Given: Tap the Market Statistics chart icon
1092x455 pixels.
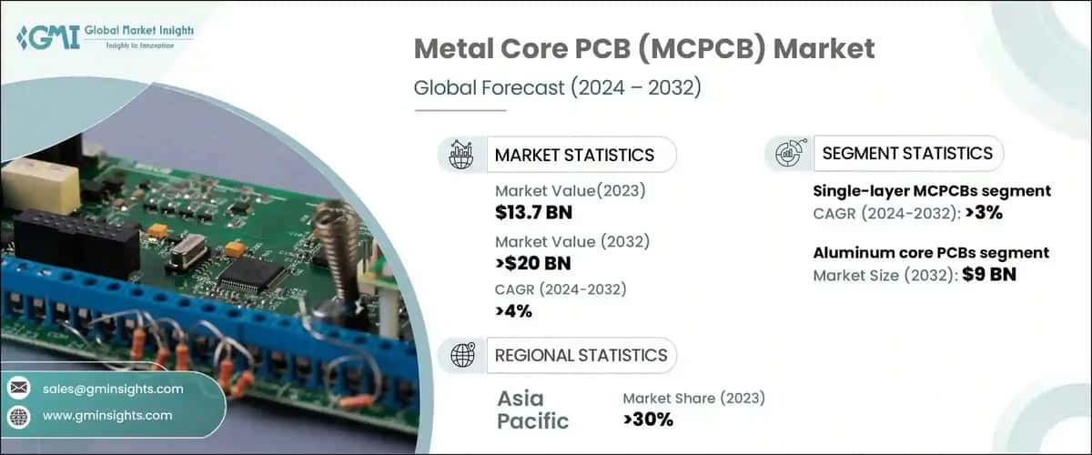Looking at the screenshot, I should coord(462,154).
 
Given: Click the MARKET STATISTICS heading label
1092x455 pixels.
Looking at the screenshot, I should coord(573,155).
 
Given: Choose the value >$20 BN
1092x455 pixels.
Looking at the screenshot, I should coord(532,264).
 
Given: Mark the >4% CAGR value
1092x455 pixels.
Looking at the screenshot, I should coord(513,312).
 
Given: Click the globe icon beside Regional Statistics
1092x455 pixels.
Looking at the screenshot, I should coord(462,355).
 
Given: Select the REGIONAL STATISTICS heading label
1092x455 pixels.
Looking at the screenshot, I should coord(580,355).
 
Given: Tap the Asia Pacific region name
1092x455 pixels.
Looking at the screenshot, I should coord(533,409).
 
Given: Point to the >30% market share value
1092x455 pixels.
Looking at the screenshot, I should coord(648,420).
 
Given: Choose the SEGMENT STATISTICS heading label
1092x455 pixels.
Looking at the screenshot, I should coord(906,153).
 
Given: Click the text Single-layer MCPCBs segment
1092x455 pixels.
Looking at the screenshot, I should coord(931,191).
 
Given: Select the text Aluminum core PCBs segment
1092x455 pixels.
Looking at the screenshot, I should coord(930,253).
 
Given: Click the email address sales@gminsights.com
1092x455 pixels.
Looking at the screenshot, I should coord(113,389).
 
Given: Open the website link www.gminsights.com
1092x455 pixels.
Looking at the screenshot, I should coord(107,416).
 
